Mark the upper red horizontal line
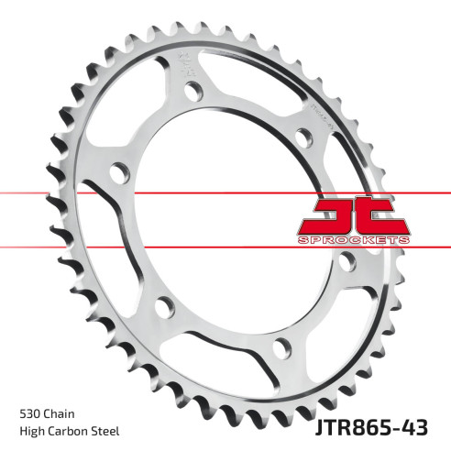(137, 195)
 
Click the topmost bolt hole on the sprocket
(193, 91)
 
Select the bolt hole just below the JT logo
(346, 263)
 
